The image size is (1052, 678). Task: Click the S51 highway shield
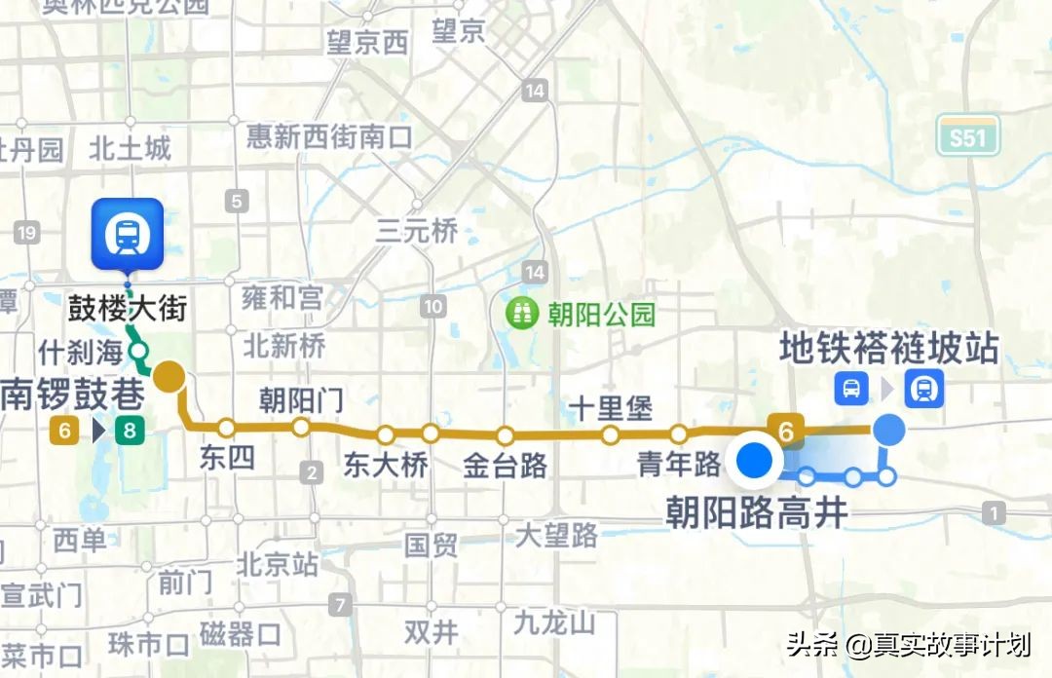click(968, 137)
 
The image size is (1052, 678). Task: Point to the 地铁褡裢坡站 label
click(888, 349)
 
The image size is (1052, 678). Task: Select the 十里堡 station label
click(611, 408)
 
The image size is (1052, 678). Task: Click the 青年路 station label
click(679, 463)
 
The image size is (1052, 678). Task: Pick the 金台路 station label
click(505, 465)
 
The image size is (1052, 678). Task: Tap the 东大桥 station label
click(386, 465)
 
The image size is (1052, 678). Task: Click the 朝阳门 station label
click(301, 399)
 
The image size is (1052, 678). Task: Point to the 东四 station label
click(226, 457)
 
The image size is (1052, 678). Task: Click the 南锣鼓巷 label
click(73, 394)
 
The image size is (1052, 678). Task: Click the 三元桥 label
click(417, 231)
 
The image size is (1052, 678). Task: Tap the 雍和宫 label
click(282, 297)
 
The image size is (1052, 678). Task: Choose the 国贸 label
click(431, 544)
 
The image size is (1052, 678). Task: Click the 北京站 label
click(278, 564)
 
